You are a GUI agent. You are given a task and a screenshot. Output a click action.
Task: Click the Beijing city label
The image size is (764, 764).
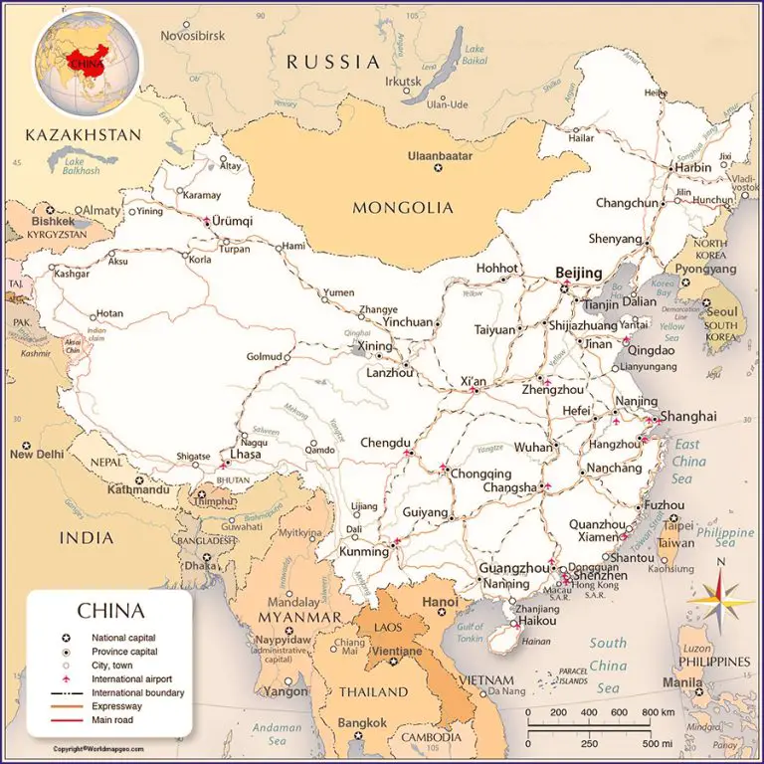579,273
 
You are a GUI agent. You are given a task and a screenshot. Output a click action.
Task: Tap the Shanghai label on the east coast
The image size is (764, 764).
687,416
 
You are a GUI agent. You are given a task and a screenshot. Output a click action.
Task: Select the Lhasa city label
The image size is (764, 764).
245,454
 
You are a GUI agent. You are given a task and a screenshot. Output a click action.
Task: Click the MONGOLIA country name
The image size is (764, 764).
403,208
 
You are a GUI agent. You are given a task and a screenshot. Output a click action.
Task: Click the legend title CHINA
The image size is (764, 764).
110,611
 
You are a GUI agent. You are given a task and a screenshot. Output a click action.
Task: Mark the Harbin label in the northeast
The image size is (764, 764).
693,167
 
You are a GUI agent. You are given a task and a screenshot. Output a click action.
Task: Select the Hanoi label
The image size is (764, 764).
441,602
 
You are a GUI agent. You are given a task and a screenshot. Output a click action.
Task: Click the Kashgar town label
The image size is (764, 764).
73,273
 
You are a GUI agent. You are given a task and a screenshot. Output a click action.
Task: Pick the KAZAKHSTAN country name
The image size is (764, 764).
84,134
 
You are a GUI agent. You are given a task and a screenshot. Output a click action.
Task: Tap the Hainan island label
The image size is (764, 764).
536,643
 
